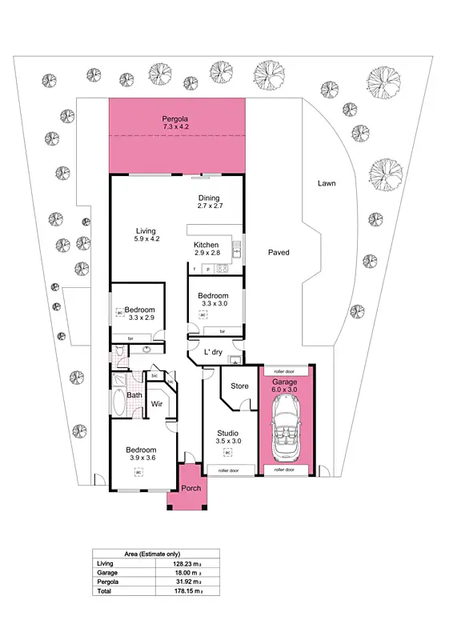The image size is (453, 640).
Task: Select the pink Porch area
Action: pos(190,489)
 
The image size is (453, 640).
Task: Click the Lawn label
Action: pos(326,183)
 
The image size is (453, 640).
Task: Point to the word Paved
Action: pos(279,253)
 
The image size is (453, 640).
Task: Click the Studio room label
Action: pos(228,433)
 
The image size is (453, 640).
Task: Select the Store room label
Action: pos(239,386)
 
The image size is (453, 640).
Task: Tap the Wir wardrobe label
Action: pos(158,404)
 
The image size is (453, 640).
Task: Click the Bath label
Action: pos(134,394)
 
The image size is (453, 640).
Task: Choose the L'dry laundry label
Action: pos(212,353)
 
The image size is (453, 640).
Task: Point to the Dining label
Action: pos(208,199)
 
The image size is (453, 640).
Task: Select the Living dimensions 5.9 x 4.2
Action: pos(145,238)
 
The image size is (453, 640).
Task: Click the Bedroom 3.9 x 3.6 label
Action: pos(138,453)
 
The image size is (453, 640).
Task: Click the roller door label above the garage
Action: pos(285,372)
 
